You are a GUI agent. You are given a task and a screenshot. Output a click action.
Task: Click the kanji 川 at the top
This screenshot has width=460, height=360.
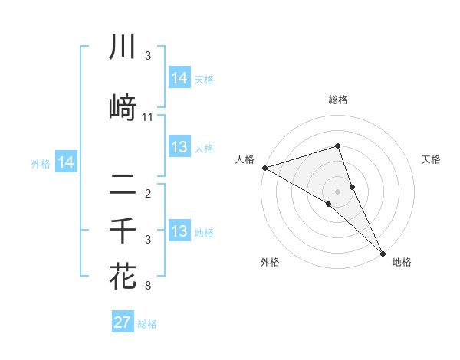pos(123,47)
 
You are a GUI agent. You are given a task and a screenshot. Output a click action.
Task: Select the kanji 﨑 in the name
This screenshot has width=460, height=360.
pos(123,108)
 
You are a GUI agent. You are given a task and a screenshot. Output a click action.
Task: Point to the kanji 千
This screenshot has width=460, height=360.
pos(123,230)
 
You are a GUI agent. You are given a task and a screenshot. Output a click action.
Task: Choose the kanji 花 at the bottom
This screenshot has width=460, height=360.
pos(123,275)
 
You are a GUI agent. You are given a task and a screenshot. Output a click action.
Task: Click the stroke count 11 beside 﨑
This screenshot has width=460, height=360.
pos(148,117)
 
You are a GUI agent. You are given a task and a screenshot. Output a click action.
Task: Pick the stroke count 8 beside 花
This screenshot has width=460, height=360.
pos(148,286)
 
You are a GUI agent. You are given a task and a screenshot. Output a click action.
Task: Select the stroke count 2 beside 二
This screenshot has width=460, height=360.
pos(148,193)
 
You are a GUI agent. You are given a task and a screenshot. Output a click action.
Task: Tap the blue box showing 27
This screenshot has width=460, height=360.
pos(123,322)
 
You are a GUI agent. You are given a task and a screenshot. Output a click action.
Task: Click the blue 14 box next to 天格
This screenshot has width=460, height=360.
pos(179,77)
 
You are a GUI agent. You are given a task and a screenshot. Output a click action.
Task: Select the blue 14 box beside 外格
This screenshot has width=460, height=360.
pos(66,162)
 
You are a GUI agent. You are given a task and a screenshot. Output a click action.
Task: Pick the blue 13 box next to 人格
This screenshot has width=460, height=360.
pos(179,147)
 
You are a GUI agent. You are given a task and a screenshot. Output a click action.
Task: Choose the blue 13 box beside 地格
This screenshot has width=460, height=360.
pos(179,231)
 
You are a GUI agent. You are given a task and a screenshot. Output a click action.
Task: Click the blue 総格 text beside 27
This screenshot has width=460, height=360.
pos(147,324)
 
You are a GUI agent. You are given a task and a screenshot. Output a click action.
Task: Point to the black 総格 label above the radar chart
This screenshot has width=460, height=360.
pos(338,100)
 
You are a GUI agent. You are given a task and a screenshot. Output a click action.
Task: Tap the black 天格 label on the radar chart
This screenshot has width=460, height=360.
pos(432,159)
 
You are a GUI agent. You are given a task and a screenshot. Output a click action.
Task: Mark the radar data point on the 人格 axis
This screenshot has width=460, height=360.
pos(264,167)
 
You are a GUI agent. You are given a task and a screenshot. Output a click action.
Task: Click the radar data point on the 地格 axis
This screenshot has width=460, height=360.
pos(383,252)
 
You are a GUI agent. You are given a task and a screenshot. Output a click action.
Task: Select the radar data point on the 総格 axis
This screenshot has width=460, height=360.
pos(338,146)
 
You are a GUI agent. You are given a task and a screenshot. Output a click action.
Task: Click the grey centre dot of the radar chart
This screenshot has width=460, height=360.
pos(338,191)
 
